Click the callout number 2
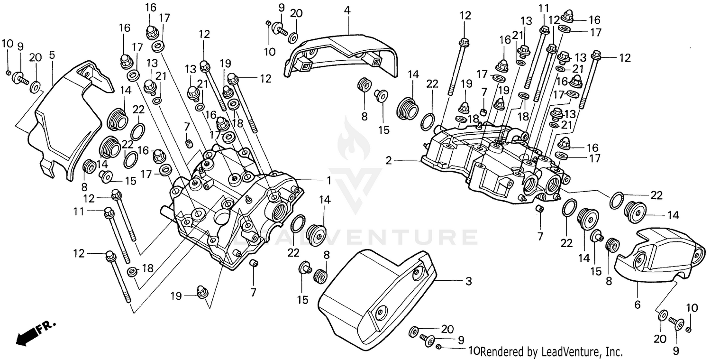point(388,161)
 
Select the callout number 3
point(468,281)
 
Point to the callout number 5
point(52,55)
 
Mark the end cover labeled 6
point(659,256)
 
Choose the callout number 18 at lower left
point(148,268)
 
